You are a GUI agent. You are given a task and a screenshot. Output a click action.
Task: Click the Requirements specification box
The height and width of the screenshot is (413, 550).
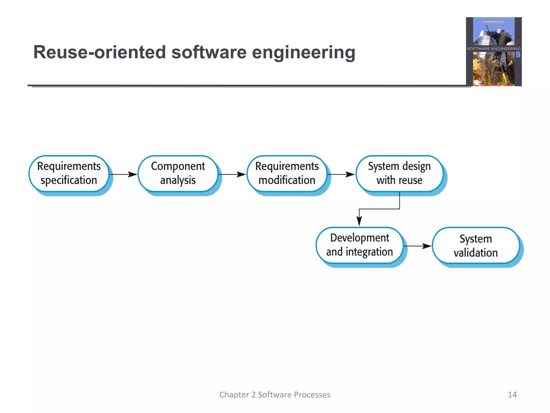tap(69, 173)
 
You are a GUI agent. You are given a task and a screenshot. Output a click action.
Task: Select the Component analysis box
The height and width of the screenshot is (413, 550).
tap(178, 173)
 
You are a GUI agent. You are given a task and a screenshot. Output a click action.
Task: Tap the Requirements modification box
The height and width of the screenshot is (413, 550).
tap(287, 173)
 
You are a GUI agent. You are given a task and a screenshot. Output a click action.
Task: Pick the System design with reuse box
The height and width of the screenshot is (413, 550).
tap(399, 173)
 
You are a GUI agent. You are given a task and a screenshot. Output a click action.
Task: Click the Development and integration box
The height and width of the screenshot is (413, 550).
tap(359, 245)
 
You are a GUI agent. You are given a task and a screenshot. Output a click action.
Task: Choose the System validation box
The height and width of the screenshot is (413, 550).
tap(475, 245)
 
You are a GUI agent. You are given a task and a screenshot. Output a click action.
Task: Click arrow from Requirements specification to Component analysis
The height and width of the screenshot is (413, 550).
tap(124, 175)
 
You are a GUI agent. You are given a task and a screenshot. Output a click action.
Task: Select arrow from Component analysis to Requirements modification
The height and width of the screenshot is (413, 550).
tap(232, 175)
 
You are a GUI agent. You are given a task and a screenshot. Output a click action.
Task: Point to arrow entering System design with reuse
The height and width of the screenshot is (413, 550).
tap(341, 175)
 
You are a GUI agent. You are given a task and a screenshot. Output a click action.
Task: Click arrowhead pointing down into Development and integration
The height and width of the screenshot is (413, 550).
tap(359, 221)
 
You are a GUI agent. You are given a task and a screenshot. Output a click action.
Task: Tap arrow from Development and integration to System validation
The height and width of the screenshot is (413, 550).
tap(418, 246)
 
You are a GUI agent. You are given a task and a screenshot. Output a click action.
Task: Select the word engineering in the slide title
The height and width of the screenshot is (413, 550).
tap(303, 53)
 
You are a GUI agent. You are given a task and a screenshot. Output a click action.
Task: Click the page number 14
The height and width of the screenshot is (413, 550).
tap(512, 394)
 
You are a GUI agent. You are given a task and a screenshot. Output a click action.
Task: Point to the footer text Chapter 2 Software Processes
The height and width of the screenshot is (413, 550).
tap(275, 394)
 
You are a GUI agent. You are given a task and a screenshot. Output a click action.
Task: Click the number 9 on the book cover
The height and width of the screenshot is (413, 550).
tap(518, 55)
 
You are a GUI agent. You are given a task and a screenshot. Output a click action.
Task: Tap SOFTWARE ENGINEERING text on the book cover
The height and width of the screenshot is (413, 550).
tap(494, 49)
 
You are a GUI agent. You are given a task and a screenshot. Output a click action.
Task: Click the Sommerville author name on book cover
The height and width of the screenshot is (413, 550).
tap(494, 22)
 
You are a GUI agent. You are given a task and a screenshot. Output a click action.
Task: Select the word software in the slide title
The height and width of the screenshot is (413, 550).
tap(209, 52)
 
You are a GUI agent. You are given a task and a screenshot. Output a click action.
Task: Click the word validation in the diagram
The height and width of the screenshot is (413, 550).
tap(476, 253)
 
